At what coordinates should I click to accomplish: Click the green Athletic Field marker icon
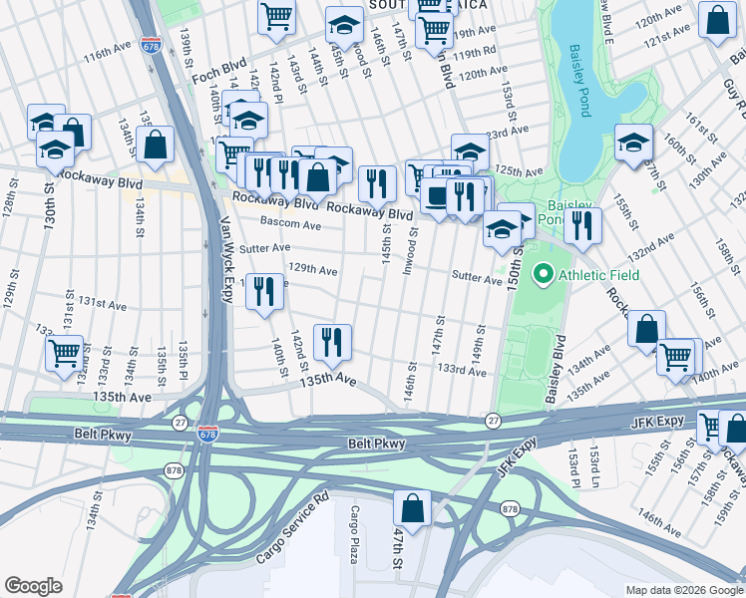click(x=543, y=273)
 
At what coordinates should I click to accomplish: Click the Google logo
click(x=33, y=586)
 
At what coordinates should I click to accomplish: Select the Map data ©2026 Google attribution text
click(x=683, y=590)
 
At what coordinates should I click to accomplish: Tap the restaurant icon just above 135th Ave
click(x=332, y=341)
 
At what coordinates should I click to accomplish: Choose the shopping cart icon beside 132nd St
click(x=65, y=351)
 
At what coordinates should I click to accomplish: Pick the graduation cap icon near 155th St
click(x=633, y=142)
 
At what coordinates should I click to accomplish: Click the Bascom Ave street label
click(x=290, y=225)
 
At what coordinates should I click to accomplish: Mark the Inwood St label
click(x=409, y=253)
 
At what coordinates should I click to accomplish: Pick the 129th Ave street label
click(x=312, y=270)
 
